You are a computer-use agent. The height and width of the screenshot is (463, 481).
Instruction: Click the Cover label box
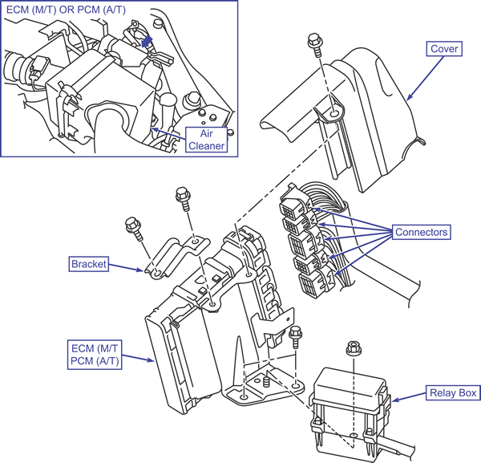pos(444,49)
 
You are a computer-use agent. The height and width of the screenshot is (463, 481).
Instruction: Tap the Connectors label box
pos(422,232)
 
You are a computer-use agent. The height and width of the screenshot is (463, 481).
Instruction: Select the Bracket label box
pos(89,264)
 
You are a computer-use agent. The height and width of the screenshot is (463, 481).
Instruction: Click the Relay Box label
pos(453,392)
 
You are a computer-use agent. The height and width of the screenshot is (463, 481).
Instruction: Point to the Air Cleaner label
pos(207,140)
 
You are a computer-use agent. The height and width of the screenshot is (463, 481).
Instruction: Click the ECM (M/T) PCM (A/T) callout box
pos(95,355)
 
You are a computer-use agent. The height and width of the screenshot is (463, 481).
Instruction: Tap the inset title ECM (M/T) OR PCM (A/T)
pos(66,10)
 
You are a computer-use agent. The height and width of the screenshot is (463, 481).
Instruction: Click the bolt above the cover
pos(315,45)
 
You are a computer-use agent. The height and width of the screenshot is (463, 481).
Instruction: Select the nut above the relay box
pos(354,348)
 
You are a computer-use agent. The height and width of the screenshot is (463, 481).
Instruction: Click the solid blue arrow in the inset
pos(147,42)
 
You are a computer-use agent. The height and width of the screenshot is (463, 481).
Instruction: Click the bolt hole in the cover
pos(334,114)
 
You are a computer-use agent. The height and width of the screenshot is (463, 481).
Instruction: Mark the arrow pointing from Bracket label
pos(126,267)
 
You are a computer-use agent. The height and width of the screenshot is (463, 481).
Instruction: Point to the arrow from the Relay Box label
pos(409,396)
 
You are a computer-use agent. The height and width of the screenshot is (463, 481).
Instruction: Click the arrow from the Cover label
pos(425,79)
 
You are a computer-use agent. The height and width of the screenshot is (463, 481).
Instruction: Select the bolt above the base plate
pos(296,337)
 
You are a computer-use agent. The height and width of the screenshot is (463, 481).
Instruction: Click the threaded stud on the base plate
pos(266,381)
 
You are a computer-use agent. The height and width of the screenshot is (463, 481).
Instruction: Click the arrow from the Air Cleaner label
pos(168,134)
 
